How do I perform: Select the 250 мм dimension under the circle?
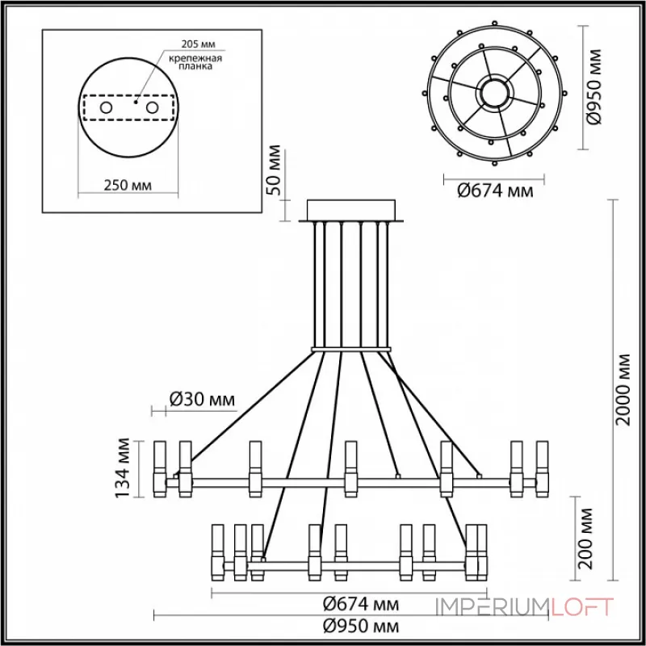click(128, 186)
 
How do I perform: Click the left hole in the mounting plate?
click(106, 107)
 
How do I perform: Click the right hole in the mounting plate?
click(151, 107)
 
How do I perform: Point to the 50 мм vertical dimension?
click(275, 170)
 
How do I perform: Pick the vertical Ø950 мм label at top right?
click(595, 86)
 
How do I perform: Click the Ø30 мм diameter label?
click(202, 399)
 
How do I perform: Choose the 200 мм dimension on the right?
click(588, 538)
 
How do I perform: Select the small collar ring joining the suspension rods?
click(352, 350)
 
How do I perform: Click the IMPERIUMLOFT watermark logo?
click(525, 606)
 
